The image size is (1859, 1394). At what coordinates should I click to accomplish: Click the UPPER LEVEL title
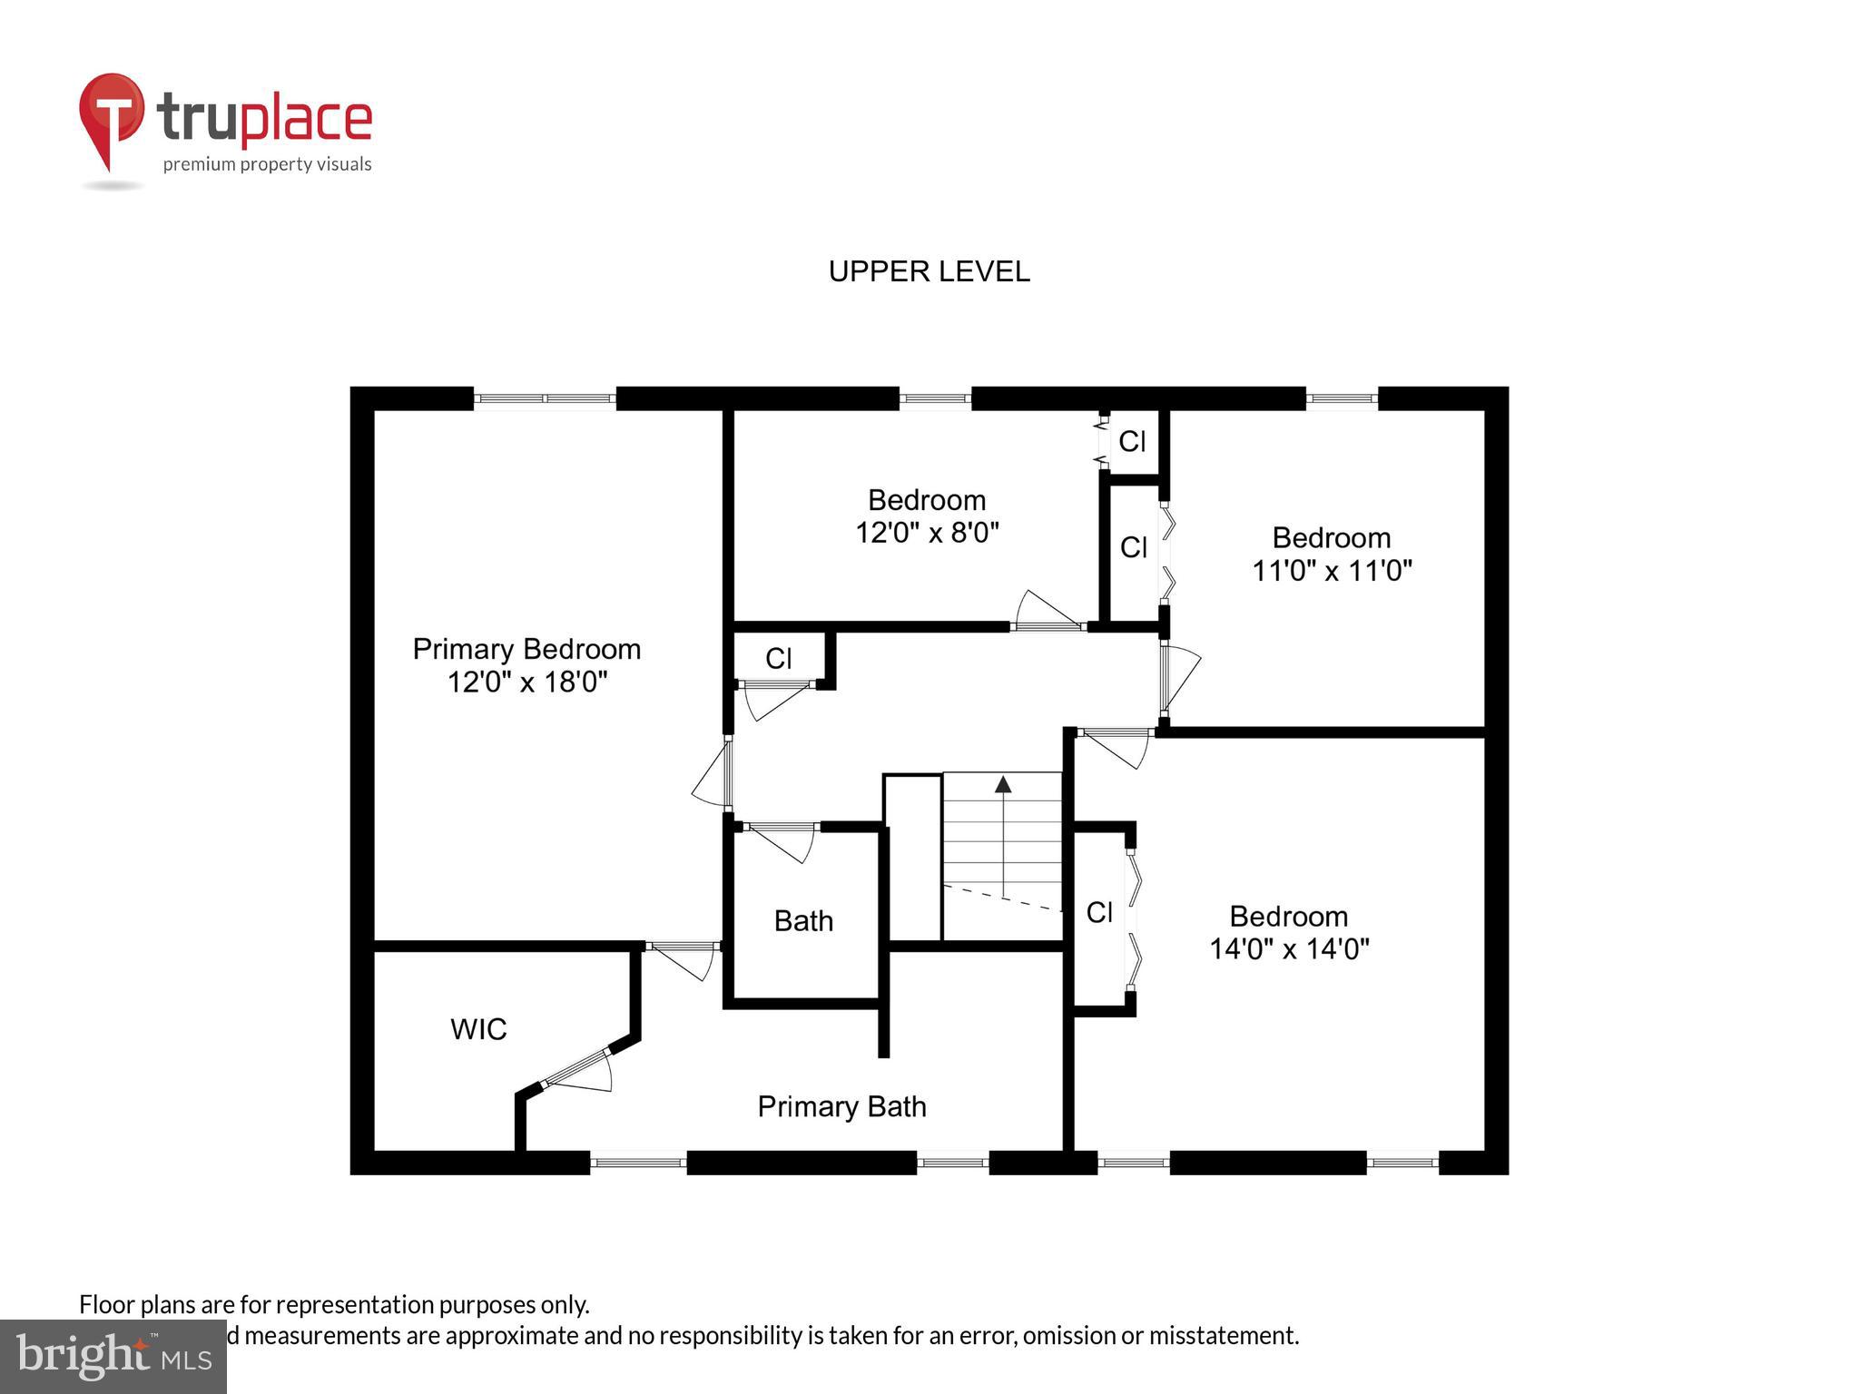pyautogui.click(x=929, y=271)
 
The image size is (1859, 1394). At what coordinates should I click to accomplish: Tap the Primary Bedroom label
pyautogui.click(x=526, y=649)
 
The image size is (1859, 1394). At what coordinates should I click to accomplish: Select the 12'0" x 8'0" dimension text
pyautogui.click(x=927, y=532)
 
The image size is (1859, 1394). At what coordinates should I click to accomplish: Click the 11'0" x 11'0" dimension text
pyautogui.click(x=1332, y=570)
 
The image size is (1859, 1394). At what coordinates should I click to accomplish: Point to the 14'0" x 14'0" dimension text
pyautogui.click(x=1289, y=948)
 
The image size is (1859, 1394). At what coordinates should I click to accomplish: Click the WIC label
pyautogui.click(x=478, y=1029)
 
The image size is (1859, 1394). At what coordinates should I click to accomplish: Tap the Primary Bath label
pyautogui.click(x=841, y=1106)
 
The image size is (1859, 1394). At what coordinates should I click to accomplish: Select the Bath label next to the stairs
pyautogui.click(x=803, y=921)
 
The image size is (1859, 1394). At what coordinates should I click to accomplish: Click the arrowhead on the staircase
pyautogui.click(x=1003, y=784)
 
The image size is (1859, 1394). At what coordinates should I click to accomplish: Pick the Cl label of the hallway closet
pyautogui.click(x=778, y=658)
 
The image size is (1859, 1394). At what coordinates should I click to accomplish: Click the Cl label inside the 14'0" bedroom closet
pyautogui.click(x=1099, y=912)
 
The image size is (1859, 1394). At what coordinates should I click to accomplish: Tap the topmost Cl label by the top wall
pyautogui.click(x=1132, y=441)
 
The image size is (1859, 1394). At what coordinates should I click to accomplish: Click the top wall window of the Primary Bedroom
pyautogui.click(x=545, y=398)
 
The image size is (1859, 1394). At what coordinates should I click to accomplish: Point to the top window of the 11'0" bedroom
pyautogui.click(x=1342, y=398)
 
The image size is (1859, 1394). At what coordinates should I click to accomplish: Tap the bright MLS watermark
pyautogui.click(x=113, y=1357)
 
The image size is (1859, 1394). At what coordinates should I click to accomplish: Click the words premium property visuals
pyautogui.click(x=267, y=164)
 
